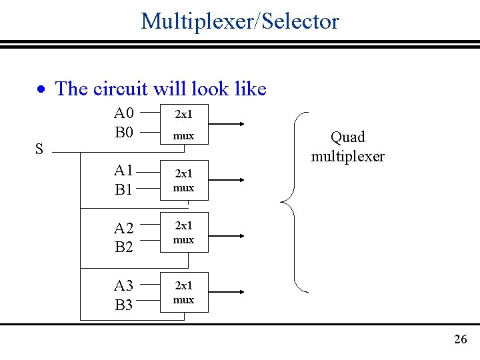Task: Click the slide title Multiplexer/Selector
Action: pyautogui.click(x=240, y=21)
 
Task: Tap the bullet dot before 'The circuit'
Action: pyautogui.click(x=41, y=89)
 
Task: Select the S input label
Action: pyautogui.click(x=39, y=149)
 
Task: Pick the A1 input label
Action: pyautogui.click(x=124, y=171)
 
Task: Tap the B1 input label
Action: pyautogui.click(x=124, y=190)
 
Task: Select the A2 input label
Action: pyautogui.click(x=124, y=229)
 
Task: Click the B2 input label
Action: pyautogui.click(x=124, y=247)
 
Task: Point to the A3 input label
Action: pyautogui.click(x=124, y=286)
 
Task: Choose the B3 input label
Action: pyautogui.click(x=124, y=305)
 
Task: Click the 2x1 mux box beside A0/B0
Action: pyautogui.click(x=184, y=125)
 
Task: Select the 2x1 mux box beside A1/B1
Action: pyautogui.click(x=184, y=180)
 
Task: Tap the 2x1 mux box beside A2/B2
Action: pyautogui.click(x=184, y=232)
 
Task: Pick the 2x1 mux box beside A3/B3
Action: pyautogui.click(x=184, y=292)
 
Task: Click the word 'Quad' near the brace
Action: pyautogui.click(x=348, y=137)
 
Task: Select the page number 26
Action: pyautogui.click(x=460, y=340)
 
